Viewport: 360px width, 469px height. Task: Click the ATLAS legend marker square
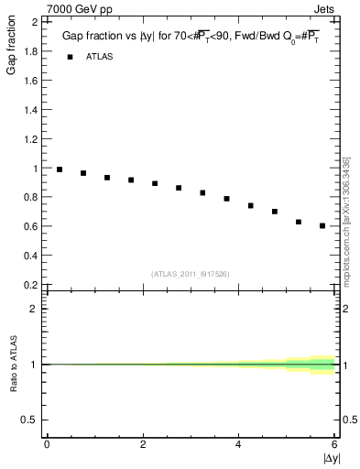pos(69,57)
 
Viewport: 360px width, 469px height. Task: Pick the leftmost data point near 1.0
pos(60,169)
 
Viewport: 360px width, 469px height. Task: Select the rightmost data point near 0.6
pos(322,225)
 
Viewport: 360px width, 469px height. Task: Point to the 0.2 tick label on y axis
pos(30,285)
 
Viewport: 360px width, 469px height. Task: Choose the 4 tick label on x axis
pos(239,444)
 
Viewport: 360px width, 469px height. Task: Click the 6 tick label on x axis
pos(335,444)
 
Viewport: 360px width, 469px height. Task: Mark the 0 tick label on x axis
pos(47,444)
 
